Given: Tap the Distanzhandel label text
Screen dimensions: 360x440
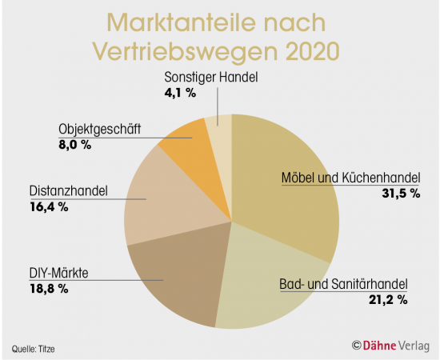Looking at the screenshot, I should pos(63,193).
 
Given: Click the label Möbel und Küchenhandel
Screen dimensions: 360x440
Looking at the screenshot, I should pos(350,178).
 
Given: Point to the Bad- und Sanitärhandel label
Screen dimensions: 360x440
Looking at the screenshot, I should pos(343,284).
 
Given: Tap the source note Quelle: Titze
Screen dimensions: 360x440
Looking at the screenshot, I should pos(36,348).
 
